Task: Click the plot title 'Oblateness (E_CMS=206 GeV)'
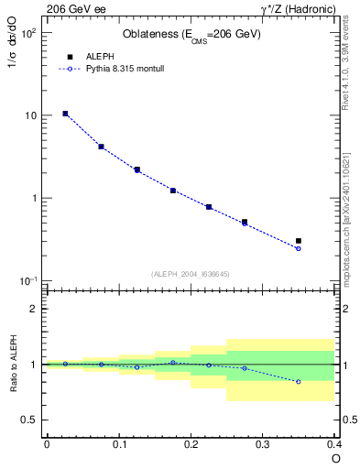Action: click(x=191, y=35)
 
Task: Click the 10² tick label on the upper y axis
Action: click(x=29, y=33)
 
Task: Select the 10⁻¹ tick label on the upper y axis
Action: click(x=29, y=280)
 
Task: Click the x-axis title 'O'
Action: click(x=335, y=457)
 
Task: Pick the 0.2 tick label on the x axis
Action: click(x=191, y=444)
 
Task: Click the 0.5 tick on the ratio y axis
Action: click(x=31, y=420)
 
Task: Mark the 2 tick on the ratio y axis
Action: click(x=35, y=309)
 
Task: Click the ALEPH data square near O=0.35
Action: click(x=299, y=241)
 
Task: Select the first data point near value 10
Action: click(x=65, y=114)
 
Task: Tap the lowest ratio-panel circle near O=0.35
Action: click(x=299, y=381)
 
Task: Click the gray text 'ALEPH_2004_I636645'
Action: click(x=191, y=273)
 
